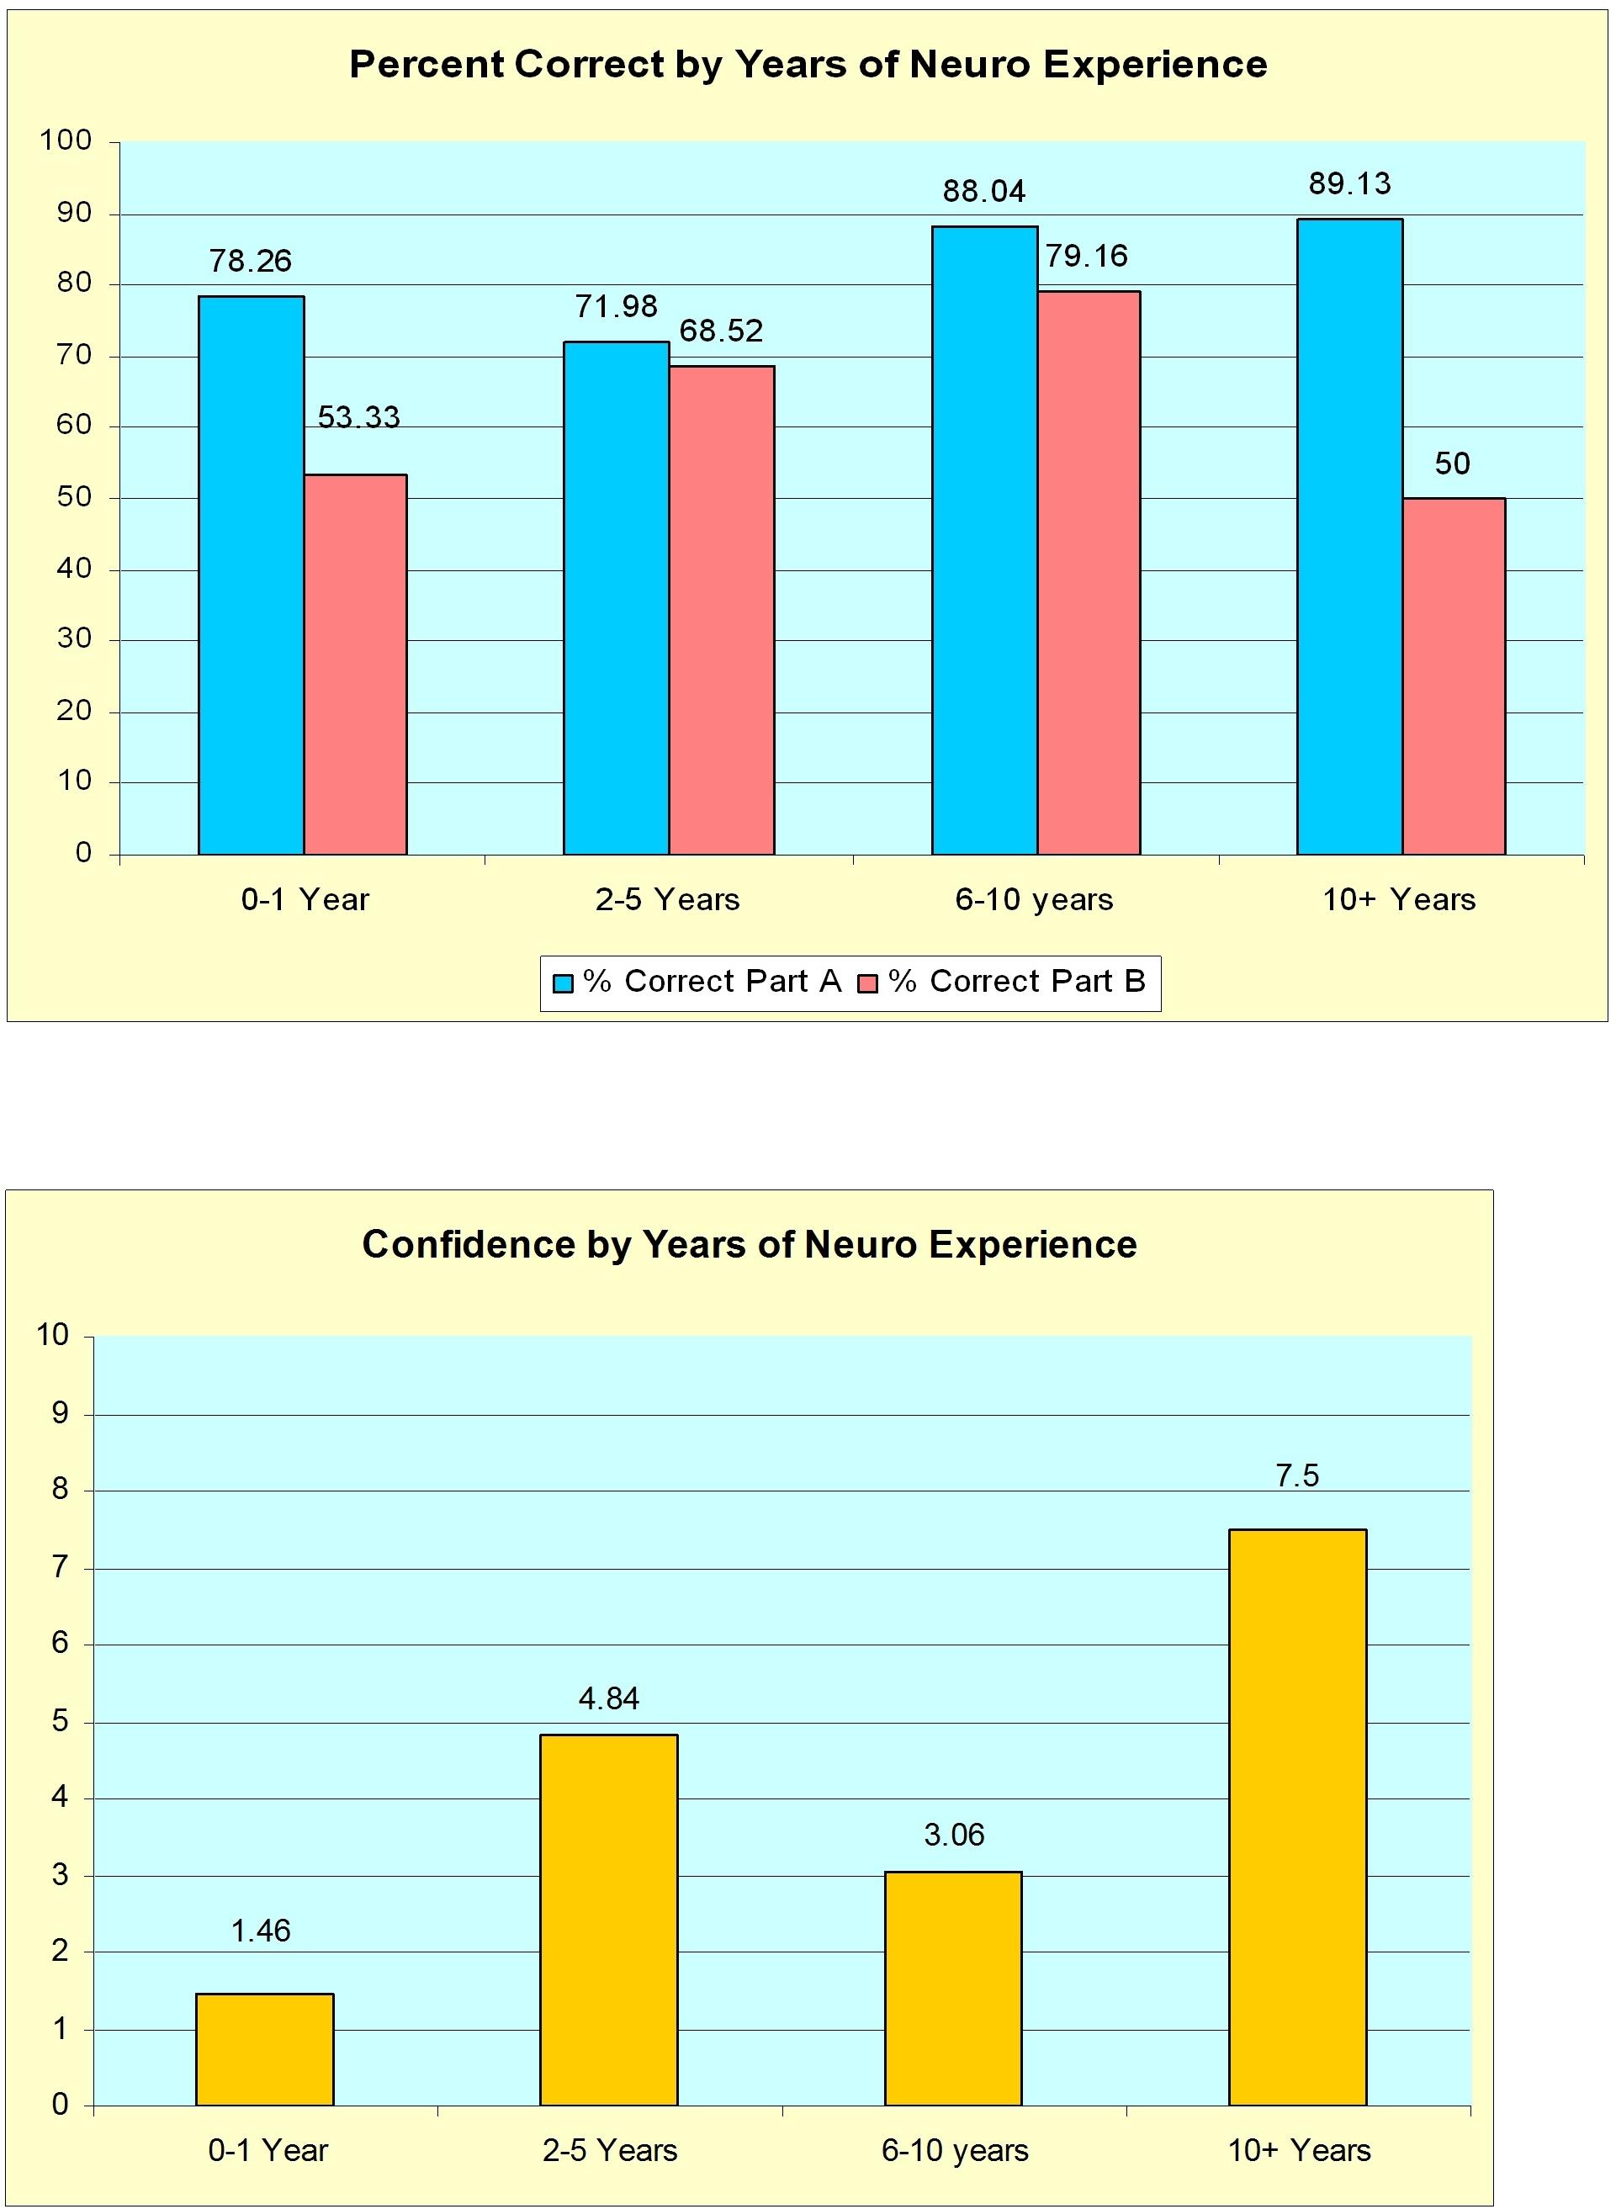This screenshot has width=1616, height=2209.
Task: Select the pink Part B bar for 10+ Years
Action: pos(1453,676)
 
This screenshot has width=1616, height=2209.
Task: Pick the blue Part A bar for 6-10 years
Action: pos(984,540)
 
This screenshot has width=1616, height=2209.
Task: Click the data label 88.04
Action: pos(984,192)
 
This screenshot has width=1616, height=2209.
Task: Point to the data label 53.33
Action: pos(359,418)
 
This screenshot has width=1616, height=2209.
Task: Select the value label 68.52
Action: pos(721,331)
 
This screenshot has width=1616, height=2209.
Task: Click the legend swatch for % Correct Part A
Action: pos(564,983)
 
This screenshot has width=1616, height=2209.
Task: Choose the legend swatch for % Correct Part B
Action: pos(867,983)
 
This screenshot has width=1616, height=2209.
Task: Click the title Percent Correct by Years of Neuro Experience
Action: pos(808,65)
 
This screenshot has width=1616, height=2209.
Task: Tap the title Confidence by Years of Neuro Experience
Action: pos(750,1244)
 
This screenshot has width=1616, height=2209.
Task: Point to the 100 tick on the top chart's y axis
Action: pos(66,140)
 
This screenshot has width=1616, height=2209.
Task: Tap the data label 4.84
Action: pos(608,1699)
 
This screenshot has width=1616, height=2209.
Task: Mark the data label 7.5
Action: pos(1297,1476)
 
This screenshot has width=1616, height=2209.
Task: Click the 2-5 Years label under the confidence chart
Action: pos(609,2150)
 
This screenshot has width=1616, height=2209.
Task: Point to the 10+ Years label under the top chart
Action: pos(1399,900)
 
